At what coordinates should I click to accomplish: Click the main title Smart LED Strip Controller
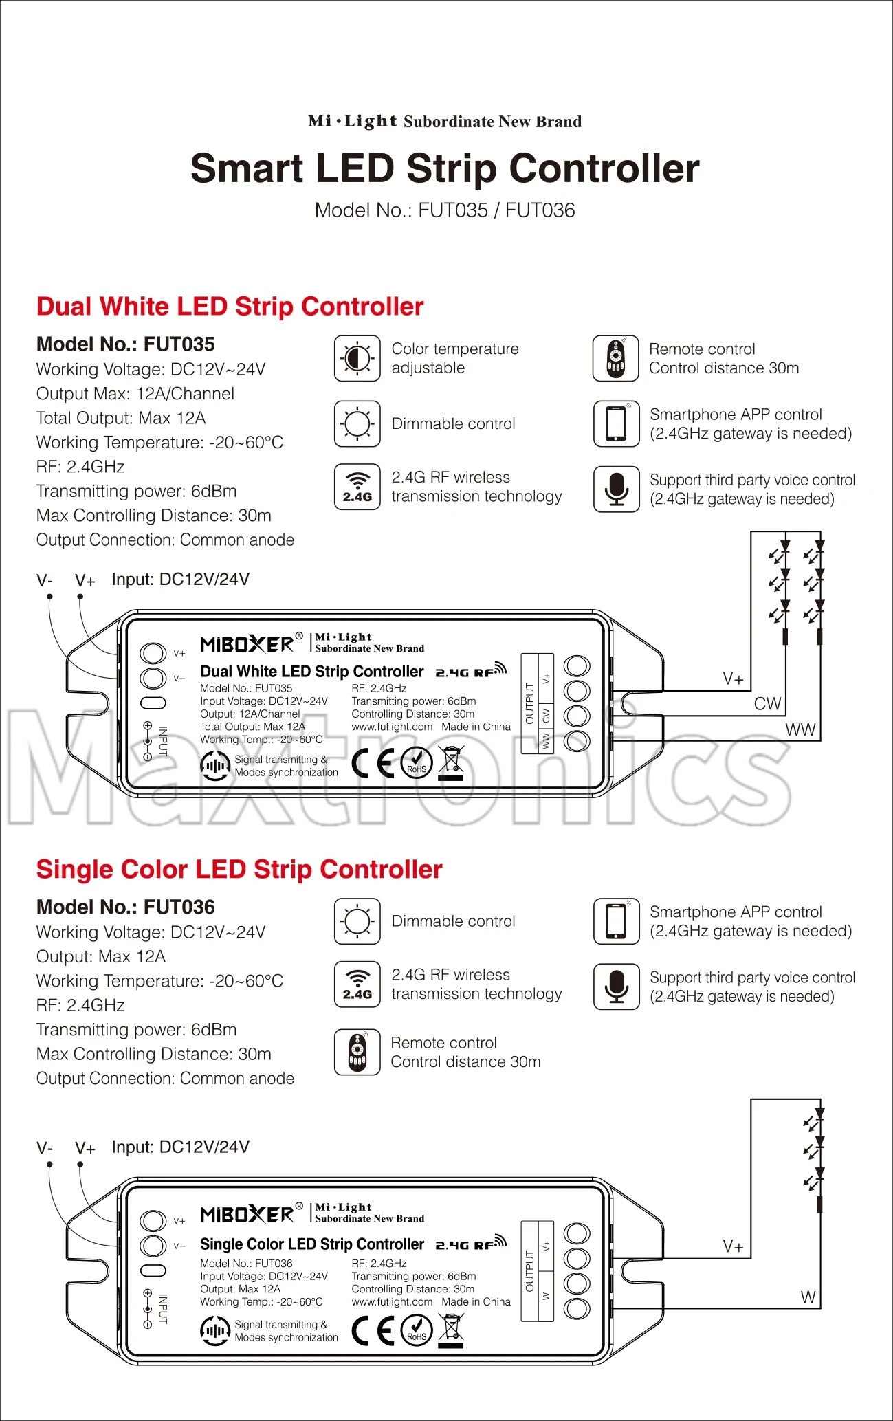tap(445, 169)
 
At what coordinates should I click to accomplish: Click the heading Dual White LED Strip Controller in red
tap(230, 307)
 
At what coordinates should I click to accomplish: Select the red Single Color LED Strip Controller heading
tap(239, 870)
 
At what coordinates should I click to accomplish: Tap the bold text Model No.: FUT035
tap(125, 344)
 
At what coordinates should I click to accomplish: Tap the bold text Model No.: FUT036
tap(125, 907)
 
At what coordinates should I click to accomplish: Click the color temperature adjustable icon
tap(357, 358)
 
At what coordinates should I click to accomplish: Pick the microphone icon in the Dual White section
tap(617, 489)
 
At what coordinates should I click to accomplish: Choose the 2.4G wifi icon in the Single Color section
tap(357, 984)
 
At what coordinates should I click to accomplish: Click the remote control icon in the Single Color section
tap(357, 1052)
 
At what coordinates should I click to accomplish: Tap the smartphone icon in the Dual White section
tap(617, 424)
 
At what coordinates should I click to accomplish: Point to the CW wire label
tap(767, 704)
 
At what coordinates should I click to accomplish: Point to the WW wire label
tap(800, 730)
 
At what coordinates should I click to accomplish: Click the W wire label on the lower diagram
tap(808, 1297)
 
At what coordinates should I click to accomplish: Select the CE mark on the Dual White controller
tap(372, 763)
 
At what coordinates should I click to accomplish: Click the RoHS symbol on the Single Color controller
tap(417, 1331)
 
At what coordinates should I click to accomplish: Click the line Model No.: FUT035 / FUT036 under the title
tap(445, 210)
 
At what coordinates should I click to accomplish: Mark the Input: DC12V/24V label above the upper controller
tap(180, 580)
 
